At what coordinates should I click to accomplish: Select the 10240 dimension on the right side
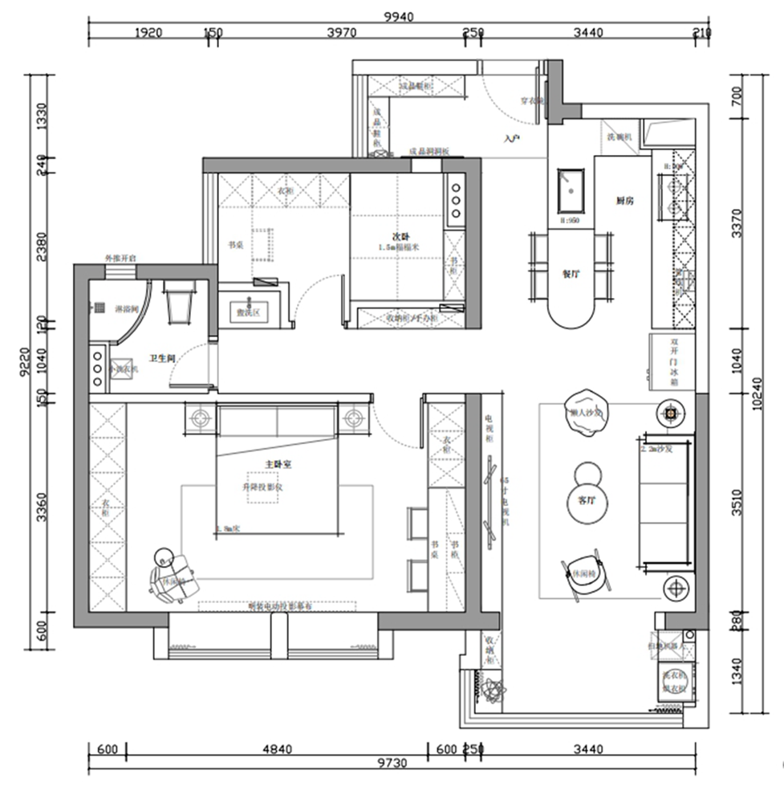pos(758,395)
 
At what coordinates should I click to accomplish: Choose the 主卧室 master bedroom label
pos(277,464)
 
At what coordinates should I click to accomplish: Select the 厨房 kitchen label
pos(625,201)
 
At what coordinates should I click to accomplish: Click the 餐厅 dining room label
pos(571,273)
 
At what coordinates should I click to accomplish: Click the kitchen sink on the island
pos(571,190)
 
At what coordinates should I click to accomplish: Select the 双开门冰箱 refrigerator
pos(672,362)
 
